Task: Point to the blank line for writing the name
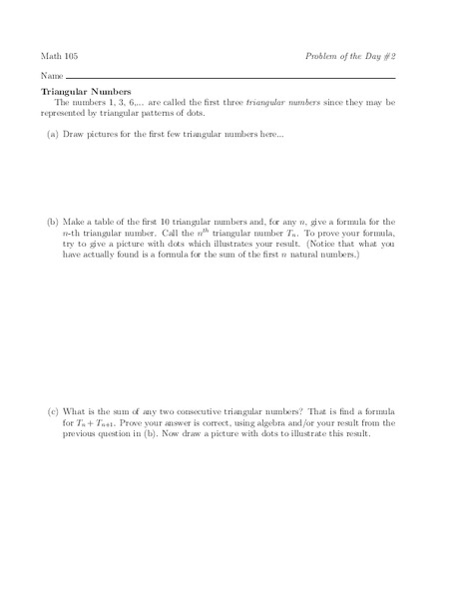[x=231, y=79]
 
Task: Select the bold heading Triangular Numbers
[x=85, y=91]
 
